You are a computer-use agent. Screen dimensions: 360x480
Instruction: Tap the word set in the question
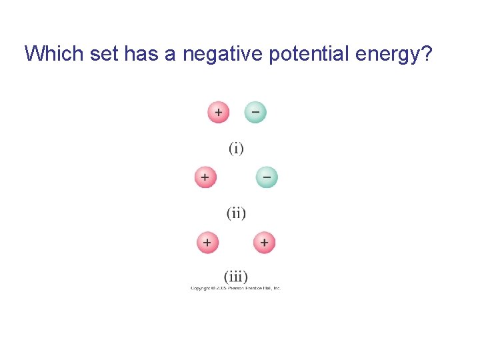(101, 53)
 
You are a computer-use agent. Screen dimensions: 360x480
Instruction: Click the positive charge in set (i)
(218, 113)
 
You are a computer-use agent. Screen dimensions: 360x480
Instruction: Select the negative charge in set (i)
(255, 112)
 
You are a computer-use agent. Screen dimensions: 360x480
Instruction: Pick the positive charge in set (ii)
(205, 177)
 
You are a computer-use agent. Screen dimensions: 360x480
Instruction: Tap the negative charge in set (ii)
(266, 177)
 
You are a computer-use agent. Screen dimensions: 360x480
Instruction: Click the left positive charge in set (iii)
(207, 243)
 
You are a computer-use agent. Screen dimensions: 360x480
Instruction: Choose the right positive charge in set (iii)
(264, 243)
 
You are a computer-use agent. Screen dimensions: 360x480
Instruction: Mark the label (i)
(236, 148)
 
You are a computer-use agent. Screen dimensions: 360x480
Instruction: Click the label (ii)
(236, 213)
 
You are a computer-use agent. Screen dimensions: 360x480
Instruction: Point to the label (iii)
(236, 276)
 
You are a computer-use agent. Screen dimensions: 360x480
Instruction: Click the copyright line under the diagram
(235, 288)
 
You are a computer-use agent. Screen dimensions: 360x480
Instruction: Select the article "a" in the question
(170, 53)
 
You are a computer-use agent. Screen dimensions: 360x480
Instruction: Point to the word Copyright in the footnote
(201, 288)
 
